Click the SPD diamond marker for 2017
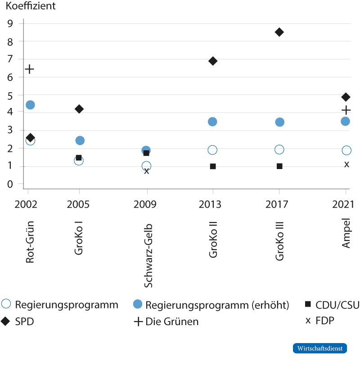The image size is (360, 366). pos(279,32)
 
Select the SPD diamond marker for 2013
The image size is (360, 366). pos(213,61)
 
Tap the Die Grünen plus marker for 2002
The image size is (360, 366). pos(30,69)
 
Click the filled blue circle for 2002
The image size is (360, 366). pos(30,105)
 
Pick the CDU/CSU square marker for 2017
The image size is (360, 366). pos(279,166)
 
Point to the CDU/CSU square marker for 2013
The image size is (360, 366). pos(213,166)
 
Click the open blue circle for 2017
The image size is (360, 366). pos(279,150)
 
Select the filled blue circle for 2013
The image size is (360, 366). pos(212,122)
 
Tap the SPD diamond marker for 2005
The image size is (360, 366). pos(79,109)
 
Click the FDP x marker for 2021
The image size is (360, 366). pos(346,164)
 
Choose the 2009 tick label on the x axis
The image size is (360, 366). pos(145,205)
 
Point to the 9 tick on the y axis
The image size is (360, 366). pos(10,23)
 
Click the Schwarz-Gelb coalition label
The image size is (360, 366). pos(148,255)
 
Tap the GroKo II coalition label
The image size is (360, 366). pos(213,241)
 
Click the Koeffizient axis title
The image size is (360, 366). pos(31,7)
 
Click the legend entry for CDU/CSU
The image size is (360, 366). pos(332,305)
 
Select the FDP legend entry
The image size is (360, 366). pos(320,321)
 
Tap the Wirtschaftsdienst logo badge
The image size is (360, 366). pos(320,348)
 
